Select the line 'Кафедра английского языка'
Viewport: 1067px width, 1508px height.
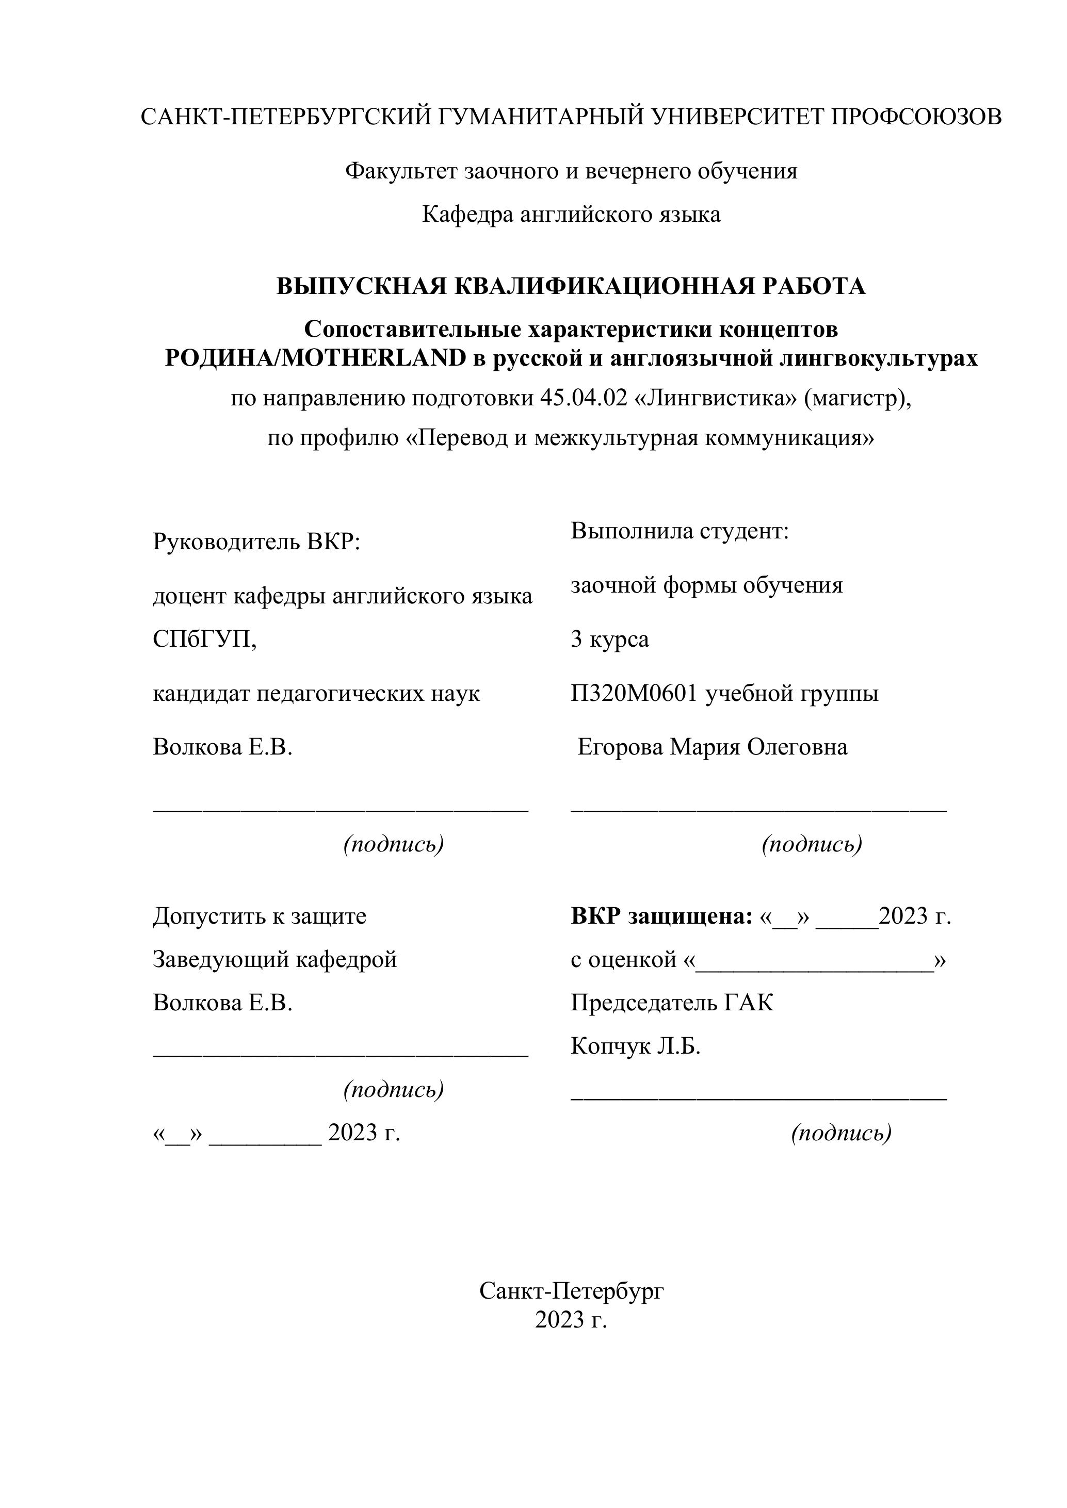(x=571, y=214)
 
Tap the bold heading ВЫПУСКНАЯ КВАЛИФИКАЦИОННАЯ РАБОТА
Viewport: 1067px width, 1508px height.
(x=571, y=286)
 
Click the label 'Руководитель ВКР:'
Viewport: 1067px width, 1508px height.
(x=257, y=542)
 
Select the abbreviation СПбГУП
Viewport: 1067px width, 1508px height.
(x=204, y=639)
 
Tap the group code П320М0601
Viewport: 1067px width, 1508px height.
(x=634, y=693)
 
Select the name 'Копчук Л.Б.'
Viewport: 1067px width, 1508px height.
(x=635, y=1045)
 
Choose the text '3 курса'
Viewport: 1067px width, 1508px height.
(x=610, y=639)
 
